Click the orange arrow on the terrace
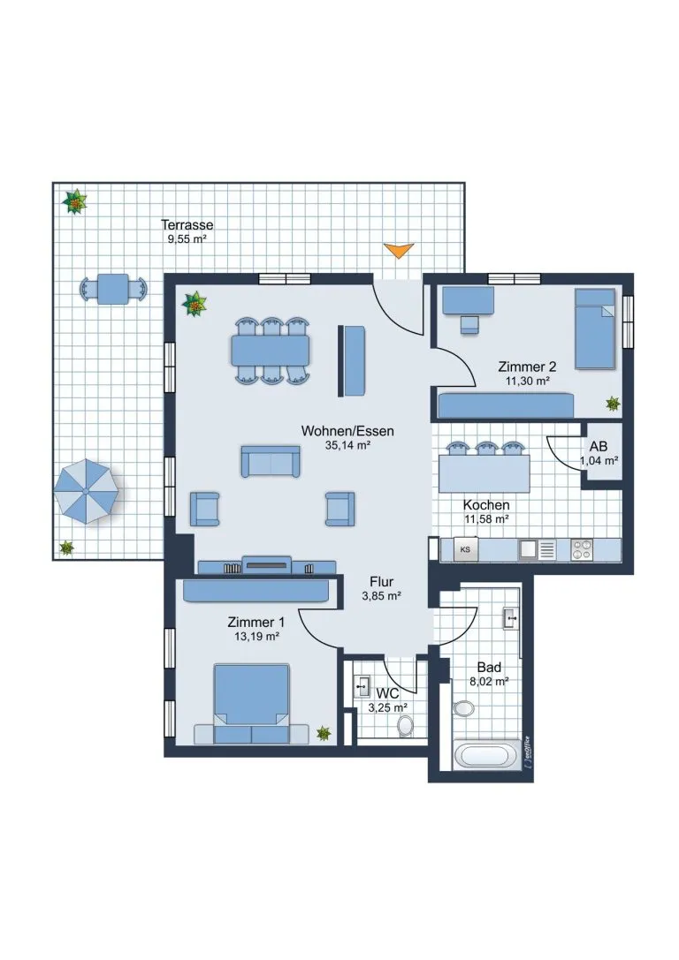(399, 250)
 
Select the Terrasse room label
(187, 224)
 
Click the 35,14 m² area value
(347, 446)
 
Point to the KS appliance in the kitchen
(465, 550)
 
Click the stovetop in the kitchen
(581, 550)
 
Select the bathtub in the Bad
(484, 755)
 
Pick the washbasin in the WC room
(362, 686)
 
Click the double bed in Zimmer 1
(251, 704)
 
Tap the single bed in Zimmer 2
(594, 329)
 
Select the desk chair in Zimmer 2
(469, 324)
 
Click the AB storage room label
(599, 447)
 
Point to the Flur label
(381, 582)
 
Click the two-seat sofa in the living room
(271, 461)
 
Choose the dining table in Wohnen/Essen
(271, 351)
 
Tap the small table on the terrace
(113, 289)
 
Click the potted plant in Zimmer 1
(323, 733)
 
